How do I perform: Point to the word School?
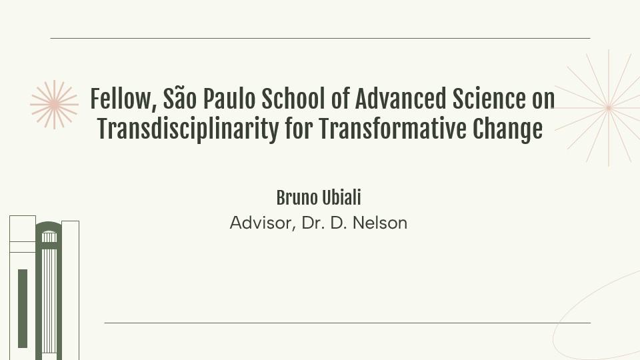pos(293,99)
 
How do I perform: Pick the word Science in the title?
pos(489,99)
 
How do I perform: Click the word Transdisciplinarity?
pos(188,129)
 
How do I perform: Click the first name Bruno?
pos(297,198)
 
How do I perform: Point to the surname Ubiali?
pos(341,198)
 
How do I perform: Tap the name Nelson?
pos(380,223)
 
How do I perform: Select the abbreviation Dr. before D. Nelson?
pos(313,223)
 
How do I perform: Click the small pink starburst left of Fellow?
pos(54,105)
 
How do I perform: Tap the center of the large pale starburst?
pos(609,108)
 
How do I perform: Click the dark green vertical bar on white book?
pos(23,308)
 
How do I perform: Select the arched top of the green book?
pos(49,227)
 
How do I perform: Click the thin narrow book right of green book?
pos(70,290)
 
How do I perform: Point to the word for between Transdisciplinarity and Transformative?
pos(299,129)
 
